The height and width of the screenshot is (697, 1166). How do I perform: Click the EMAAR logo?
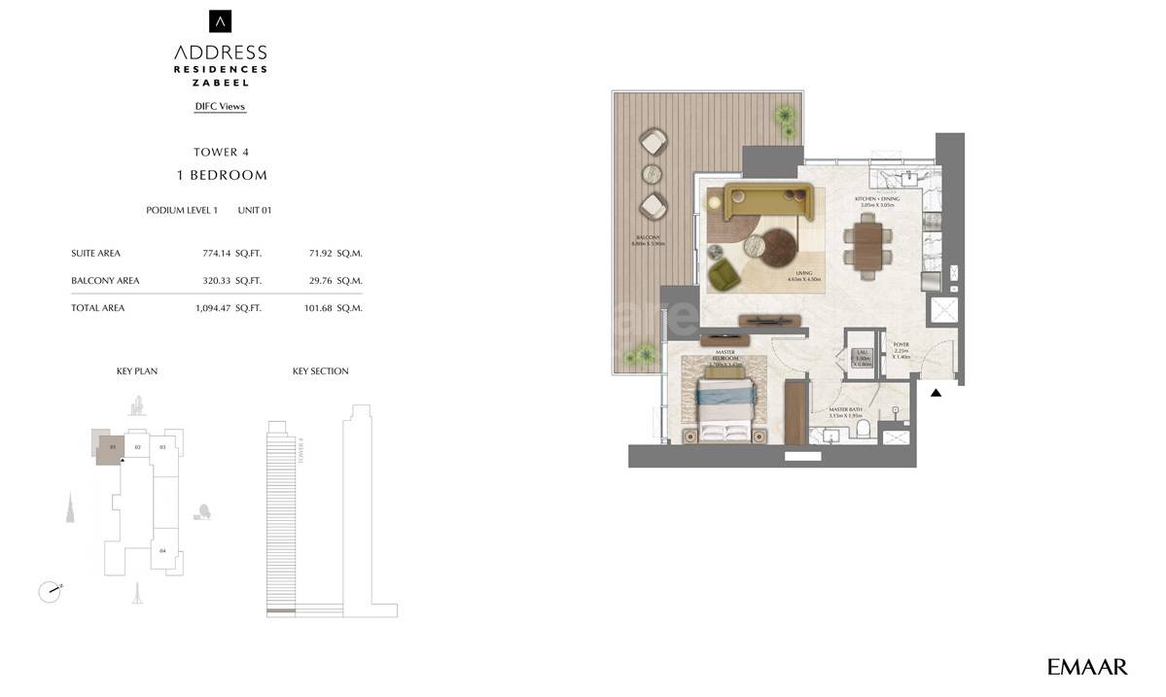click(1087, 667)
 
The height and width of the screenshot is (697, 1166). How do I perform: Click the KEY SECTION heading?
click(320, 371)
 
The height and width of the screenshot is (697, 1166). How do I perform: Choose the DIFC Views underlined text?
click(220, 107)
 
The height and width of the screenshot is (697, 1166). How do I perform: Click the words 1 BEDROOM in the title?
click(221, 176)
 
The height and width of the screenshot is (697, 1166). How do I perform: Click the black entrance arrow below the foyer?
click(936, 393)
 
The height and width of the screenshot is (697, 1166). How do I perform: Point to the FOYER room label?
click(901, 343)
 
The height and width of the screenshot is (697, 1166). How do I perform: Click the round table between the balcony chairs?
click(653, 174)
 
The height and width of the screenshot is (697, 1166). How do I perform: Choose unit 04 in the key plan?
click(163, 550)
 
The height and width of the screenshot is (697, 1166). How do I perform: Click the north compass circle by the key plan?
click(49, 590)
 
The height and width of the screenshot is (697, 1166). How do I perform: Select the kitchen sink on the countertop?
click(906, 178)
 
